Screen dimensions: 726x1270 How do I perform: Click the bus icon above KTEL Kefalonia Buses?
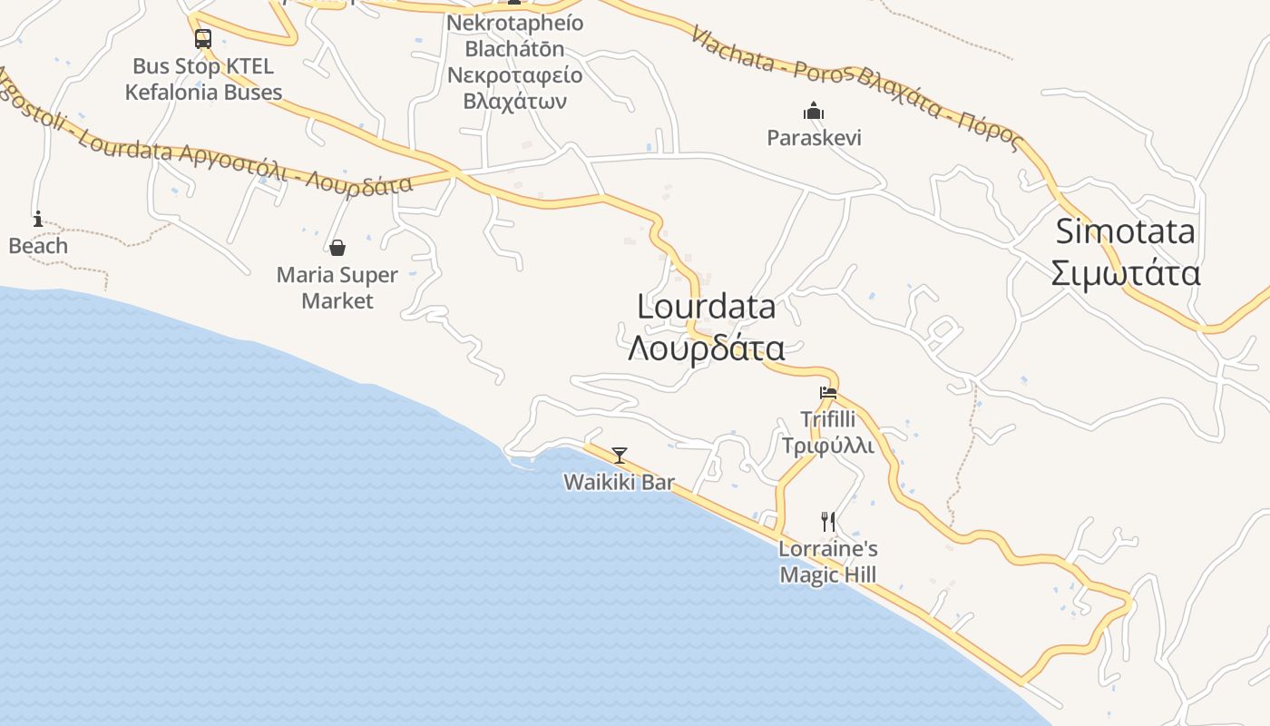203,39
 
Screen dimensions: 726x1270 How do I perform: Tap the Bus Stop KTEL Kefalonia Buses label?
203,79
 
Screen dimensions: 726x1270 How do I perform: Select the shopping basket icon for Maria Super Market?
337,248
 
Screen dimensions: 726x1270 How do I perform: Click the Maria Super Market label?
337,288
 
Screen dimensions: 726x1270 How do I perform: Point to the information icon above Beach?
38,219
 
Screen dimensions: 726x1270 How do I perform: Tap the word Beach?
38,246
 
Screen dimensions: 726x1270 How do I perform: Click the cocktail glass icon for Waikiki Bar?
620,455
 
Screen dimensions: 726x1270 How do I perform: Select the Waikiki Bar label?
620,482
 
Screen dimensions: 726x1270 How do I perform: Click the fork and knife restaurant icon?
828,521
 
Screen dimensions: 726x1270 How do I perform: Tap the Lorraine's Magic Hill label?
828,562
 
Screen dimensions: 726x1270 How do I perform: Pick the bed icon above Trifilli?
828,393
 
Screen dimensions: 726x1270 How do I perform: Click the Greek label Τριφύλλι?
828,446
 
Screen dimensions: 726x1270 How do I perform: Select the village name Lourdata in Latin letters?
707,307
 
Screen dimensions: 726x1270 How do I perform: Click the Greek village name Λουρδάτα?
707,348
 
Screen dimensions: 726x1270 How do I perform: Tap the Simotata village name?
1125,232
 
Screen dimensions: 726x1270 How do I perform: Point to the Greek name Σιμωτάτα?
1125,273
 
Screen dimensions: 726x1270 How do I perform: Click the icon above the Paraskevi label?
814,111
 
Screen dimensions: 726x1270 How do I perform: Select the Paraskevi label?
814,138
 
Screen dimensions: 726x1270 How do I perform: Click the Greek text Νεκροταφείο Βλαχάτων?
515,87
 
